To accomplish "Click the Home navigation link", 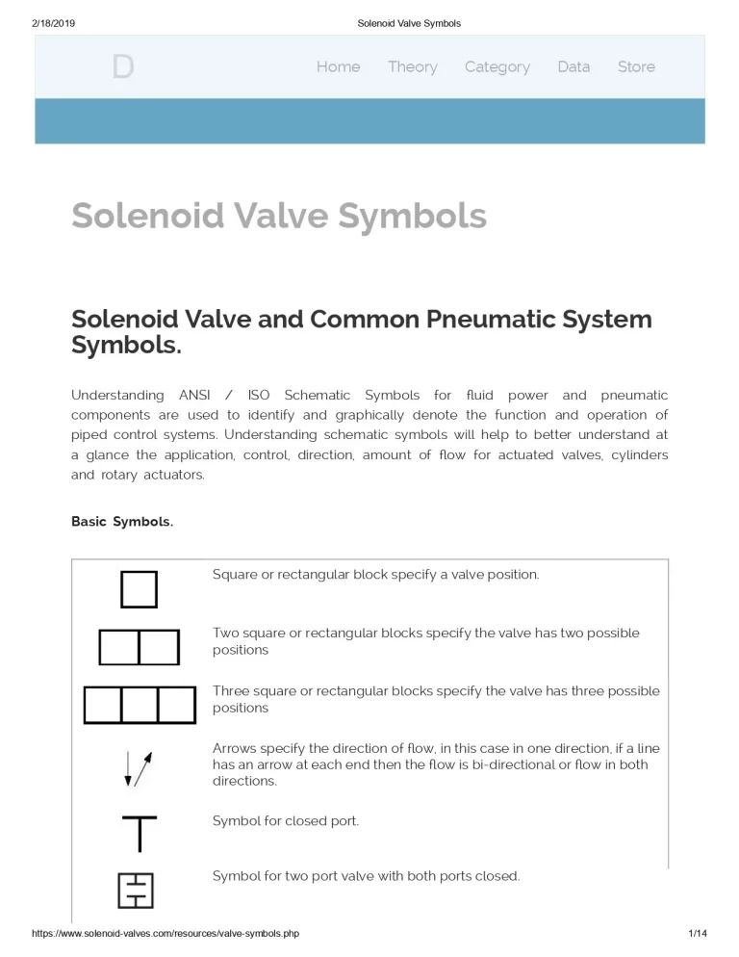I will pyautogui.click(x=339, y=66).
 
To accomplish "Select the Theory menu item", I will pyautogui.click(x=412, y=66).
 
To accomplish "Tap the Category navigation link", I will pyautogui.click(x=497, y=66).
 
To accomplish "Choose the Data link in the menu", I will pyautogui.click(x=573, y=66).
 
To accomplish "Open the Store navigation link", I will pyautogui.click(x=636, y=66).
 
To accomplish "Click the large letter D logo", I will pyautogui.click(x=122, y=67).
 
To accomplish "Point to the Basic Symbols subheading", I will pyautogui.click(x=122, y=522).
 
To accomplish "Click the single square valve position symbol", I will pyautogui.click(x=139, y=589).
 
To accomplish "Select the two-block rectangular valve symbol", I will pyautogui.click(x=140, y=647).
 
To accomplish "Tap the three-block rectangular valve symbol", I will pyautogui.click(x=140, y=705).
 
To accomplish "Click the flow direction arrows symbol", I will pyautogui.click(x=139, y=767).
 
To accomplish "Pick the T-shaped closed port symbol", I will pyautogui.click(x=140, y=833).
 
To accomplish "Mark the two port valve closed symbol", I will pyautogui.click(x=136, y=891).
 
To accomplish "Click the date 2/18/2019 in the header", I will pyautogui.click(x=53, y=23).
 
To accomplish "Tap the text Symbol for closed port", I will pyautogui.click(x=286, y=821).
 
